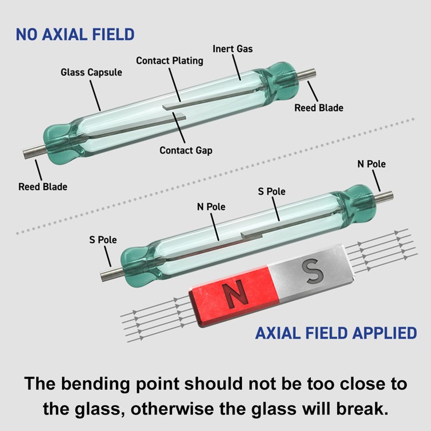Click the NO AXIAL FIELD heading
pyautogui.click(x=75, y=34)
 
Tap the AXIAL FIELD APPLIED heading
pyautogui.click(x=336, y=333)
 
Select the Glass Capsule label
pyautogui.click(x=91, y=72)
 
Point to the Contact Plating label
pyautogui.click(x=170, y=60)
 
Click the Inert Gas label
pyautogui.click(x=233, y=48)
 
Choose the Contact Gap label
pyautogui.click(x=186, y=150)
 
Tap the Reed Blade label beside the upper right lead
pyautogui.click(x=319, y=108)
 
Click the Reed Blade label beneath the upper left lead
pyautogui.click(x=43, y=186)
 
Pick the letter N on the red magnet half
pyautogui.click(x=235, y=294)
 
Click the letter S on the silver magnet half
pyautogui.click(x=312, y=271)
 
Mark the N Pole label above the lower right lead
pyautogui.click(x=371, y=164)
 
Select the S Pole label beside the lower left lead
pyautogui.click(x=103, y=240)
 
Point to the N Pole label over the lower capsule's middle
pyautogui.click(x=211, y=207)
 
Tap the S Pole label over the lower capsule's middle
pyautogui.click(x=272, y=191)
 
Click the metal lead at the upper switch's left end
pyautogui.click(x=34, y=152)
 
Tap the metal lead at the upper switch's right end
pyautogui.click(x=305, y=74)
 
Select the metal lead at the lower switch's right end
pyautogui.click(x=383, y=197)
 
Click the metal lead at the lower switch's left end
pyautogui.click(x=112, y=274)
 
